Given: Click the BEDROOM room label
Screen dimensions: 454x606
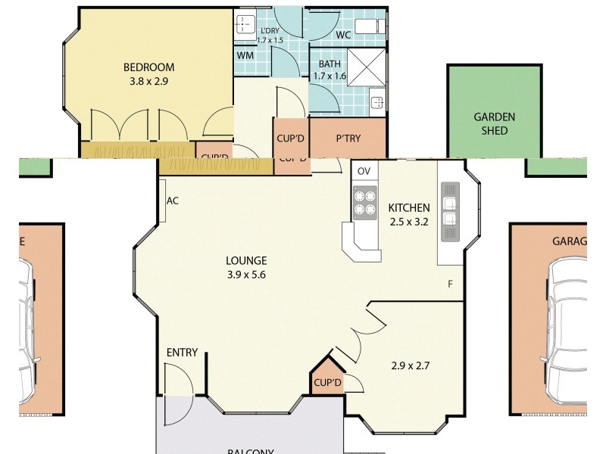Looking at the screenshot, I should click(x=149, y=67).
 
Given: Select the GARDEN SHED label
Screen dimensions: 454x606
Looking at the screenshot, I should click(x=495, y=123).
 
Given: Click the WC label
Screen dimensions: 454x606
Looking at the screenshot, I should click(x=342, y=35).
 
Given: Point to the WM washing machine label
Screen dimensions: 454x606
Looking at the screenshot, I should click(x=245, y=55).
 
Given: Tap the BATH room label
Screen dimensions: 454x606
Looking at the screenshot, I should click(x=330, y=64).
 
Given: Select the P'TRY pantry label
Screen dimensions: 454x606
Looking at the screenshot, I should click(x=348, y=138).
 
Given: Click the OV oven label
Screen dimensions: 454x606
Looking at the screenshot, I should click(x=364, y=171).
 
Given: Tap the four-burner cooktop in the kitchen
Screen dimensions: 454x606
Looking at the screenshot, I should click(x=364, y=202).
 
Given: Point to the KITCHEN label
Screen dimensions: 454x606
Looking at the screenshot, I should click(x=409, y=208).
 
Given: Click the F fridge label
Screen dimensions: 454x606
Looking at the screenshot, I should click(x=450, y=285).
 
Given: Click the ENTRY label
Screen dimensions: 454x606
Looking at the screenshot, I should click(x=182, y=353).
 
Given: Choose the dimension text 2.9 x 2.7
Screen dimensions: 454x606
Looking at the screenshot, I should click(x=410, y=365).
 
